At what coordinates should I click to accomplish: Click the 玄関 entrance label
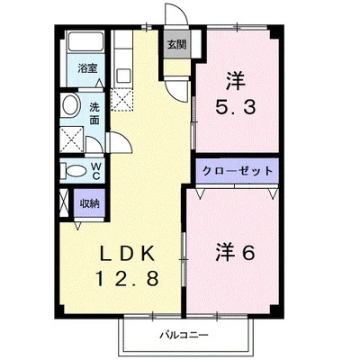coord(176,45)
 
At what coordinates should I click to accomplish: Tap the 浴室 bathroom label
coord(87,68)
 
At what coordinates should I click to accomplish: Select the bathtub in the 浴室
coord(85,41)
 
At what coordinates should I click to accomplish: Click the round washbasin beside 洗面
coord(70,105)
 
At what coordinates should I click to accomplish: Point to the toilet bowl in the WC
coord(75,172)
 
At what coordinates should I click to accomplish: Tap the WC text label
coord(95,171)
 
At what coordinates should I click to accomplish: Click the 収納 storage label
coord(89,204)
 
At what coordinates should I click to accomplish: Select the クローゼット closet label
coord(238,171)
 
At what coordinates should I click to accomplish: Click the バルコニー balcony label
coord(184,335)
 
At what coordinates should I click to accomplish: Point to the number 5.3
coord(236,107)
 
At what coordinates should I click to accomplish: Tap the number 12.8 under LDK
coord(127,277)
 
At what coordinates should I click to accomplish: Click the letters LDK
coord(127,254)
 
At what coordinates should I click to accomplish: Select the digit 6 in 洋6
coord(247,253)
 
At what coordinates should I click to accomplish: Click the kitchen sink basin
coord(123,76)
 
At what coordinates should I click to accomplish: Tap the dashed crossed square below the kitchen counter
coord(121,100)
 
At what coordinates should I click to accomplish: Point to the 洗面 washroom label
coord(94,113)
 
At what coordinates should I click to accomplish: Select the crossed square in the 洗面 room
coord(71,140)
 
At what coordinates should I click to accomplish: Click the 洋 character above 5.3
coord(236,81)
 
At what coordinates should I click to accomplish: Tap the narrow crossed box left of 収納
coord(64,202)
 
